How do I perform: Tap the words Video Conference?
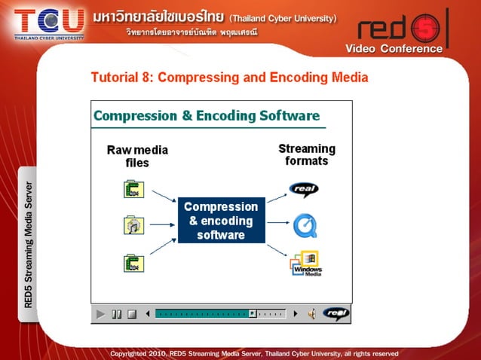click(394, 49)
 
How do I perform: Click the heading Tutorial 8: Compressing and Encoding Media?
click(229, 78)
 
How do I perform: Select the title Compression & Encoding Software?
click(207, 116)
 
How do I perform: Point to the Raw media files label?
click(137, 156)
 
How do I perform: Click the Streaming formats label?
click(307, 154)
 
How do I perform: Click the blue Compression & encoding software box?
click(222, 221)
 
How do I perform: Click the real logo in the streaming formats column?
click(304, 189)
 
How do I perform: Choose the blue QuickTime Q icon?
click(305, 224)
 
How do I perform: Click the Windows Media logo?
click(306, 264)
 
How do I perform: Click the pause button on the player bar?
click(117, 314)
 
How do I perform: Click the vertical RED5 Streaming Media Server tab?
click(28, 245)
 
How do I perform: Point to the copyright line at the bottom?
click(254, 352)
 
